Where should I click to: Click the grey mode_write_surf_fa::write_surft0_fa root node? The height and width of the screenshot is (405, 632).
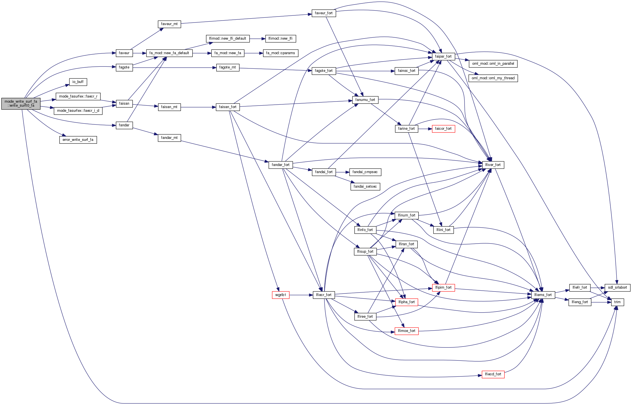pyautogui.click(x=21, y=104)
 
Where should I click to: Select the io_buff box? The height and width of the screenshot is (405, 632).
pyautogui.click(x=78, y=82)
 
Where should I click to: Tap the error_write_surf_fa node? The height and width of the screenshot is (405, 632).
pyautogui.click(x=78, y=140)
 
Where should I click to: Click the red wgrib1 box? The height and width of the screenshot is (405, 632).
pyautogui.click(x=280, y=295)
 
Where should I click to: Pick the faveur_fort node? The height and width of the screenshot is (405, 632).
pyautogui.click(x=324, y=13)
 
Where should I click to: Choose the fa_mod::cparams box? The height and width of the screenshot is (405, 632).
pyautogui.click(x=280, y=53)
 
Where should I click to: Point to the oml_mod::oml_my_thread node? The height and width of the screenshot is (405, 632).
pyautogui.click(x=493, y=78)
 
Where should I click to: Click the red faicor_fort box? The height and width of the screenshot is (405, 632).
pyautogui.click(x=443, y=129)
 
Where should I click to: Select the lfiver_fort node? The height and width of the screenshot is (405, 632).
pyautogui.click(x=493, y=165)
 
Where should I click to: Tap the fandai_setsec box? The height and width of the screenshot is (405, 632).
pyautogui.click(x=365, y=187)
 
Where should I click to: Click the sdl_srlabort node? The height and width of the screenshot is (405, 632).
pyautogui.click(x=617, y=287)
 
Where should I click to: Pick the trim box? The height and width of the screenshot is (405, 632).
pyautogui.click(x=617, y=302)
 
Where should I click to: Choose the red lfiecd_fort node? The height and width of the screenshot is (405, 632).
pyautogui.click(x=493, y=374)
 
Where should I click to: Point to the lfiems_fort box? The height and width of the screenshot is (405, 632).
pyautogui.click(x=543, y=295)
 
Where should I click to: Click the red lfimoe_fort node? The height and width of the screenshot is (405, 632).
pyautogui.click(x=406, y=331)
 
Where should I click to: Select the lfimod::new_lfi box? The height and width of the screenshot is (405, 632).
pyautogui.click(x=280, y=39)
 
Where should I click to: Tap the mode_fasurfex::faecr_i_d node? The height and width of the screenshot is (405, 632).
pyautogui.click(x=78, y=111)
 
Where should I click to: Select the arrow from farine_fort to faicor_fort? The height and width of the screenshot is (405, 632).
pyautogui.click(x=425, y=129)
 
